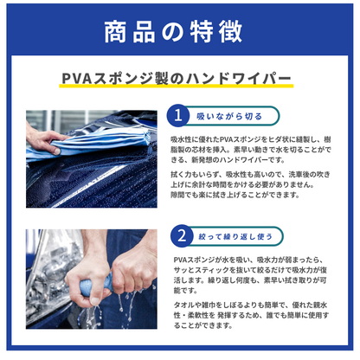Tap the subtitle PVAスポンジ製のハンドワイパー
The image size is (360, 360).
pos(179,80)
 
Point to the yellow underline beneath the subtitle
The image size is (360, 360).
pos(179,87)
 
